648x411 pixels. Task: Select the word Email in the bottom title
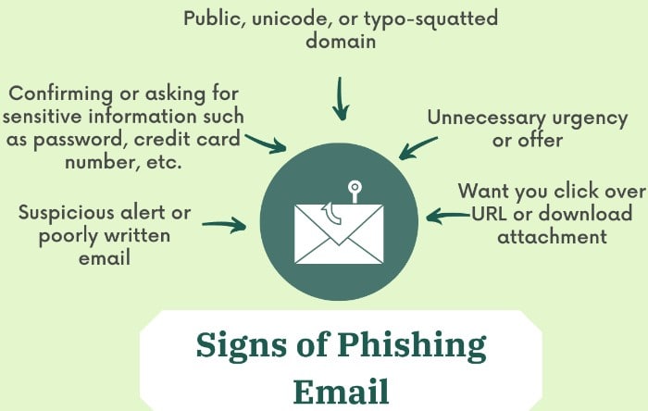point(341,391)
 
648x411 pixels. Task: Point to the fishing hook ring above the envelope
point(355,187)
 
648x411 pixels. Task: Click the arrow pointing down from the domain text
point(341,99)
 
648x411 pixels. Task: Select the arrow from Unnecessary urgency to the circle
point(417,148)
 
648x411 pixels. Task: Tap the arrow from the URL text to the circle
point(448,216)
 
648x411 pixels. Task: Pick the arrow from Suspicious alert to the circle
point(224,224)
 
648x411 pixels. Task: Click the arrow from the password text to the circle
point(266,143)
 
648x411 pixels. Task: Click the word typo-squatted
point(430,19)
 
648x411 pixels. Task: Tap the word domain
point(341,42)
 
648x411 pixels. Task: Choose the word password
point(78,141)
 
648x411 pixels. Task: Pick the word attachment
point(552,237)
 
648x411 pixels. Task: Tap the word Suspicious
point(66,214)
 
